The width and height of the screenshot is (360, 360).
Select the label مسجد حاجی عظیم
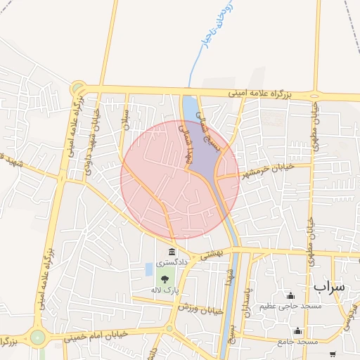[290, 306]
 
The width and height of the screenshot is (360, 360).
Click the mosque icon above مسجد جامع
[298, 331]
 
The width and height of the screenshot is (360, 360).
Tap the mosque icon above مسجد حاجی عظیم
[290, 295]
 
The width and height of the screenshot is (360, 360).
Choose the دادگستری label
[172, 262]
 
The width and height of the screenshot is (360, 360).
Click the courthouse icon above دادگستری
[172, 252]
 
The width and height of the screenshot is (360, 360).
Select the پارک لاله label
[165, 290]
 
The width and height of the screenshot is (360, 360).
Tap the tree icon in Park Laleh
[165, 280]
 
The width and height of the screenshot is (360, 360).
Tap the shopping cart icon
[333, 354]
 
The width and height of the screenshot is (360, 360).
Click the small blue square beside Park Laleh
[148, 269]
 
